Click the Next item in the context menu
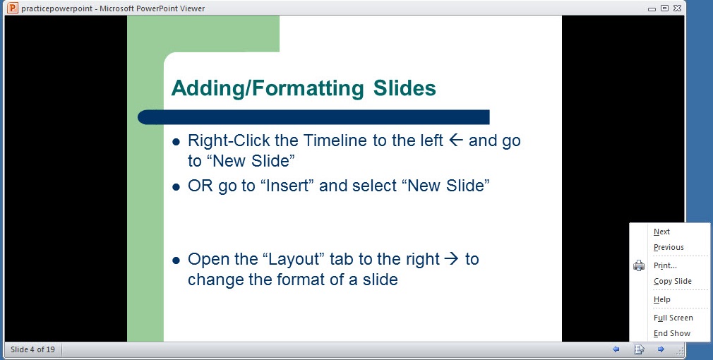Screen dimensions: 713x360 point(661,232)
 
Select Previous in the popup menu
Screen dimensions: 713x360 point(669,247)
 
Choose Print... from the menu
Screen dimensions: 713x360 point(665,265)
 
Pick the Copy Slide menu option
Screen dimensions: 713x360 point(673,281)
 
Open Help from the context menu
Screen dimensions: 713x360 point(661,299)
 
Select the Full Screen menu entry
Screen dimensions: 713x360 point(673,318)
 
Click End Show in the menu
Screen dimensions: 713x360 point(671,333)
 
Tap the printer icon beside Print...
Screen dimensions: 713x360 point(638,265)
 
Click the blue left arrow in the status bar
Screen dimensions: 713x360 point(616,349)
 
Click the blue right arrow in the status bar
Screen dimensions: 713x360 point(661,349)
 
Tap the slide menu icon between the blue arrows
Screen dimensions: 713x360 point(639,349)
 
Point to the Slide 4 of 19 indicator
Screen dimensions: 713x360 point(32,349)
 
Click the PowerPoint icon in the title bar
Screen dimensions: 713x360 point(13,8)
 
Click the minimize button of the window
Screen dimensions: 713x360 point(652,8)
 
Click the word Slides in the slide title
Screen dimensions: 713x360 point(405,88)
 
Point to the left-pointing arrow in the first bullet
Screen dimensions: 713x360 point(455,140)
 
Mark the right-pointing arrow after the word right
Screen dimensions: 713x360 point(451,258)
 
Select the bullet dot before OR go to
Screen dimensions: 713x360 point(176,187)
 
